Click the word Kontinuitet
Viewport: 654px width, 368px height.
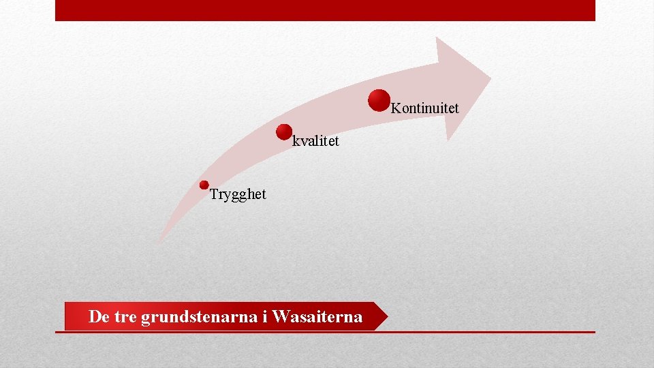pyautogui.click(x=425, y=108)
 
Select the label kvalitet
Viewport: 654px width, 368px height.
pyautogui.click(x=315, y=142)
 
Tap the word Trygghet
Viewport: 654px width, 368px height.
pyautogui.click(x=238, y=194)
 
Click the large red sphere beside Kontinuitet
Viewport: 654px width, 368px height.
pyautogui.click(x=379, y=100)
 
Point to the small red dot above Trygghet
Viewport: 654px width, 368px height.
pyautogui.click(x=204, y=185)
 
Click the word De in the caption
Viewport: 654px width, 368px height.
pyautogui.click(x=99, y=317)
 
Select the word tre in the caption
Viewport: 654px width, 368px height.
pyautogui.click(x=125, y=317)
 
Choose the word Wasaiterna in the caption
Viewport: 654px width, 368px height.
pyautogui.click(x=317, y=317)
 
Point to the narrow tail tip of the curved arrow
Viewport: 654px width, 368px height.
pyautogui.click(x=161, y=238)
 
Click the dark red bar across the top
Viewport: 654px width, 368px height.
pyautogui.click(x=325, y=10)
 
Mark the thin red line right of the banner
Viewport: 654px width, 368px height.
pyautogui.click(x=490, y=332)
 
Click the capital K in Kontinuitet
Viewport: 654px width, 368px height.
pyautogui.click(x=396, y=108)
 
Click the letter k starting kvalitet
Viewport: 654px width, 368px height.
pyautogui.click(x=296, y=142)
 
